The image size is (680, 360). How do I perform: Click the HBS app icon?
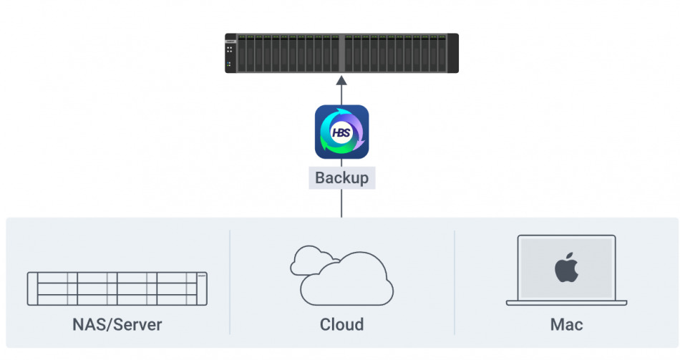click(x=341, y=132)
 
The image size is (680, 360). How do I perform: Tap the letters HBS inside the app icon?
click(x=341, y=132)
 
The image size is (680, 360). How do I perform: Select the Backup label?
click(x=341, y=177)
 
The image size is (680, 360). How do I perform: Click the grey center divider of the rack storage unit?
click(x=341, y=53)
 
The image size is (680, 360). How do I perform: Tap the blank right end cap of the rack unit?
click(x=453, y=53)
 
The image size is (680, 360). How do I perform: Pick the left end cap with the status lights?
click(x=230, y=53)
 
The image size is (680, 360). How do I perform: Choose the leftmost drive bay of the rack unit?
click(x=241, y=53)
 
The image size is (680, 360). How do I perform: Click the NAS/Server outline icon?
click(x=117, y=288)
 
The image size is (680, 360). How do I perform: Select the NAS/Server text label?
click(x=117, y=324)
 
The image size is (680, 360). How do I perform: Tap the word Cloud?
click(x=341, y=324)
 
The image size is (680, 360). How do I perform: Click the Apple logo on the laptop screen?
click(x=566, y=268)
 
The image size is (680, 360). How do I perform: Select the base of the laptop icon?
click(x=566, y=303)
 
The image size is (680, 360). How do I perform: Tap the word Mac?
click(x=566, y=324)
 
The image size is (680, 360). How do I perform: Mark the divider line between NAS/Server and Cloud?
click(x=230, y=282)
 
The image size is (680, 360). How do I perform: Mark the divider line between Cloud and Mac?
click(x=455, y=282)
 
